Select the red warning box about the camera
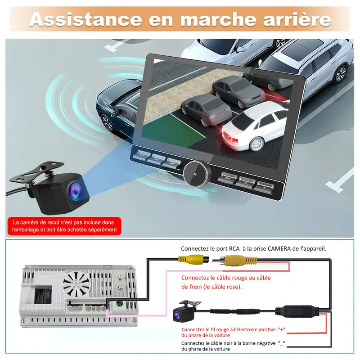pyautogui.click(x=65, y=226)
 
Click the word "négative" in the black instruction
pyautogui.click(x=260, y=343)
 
